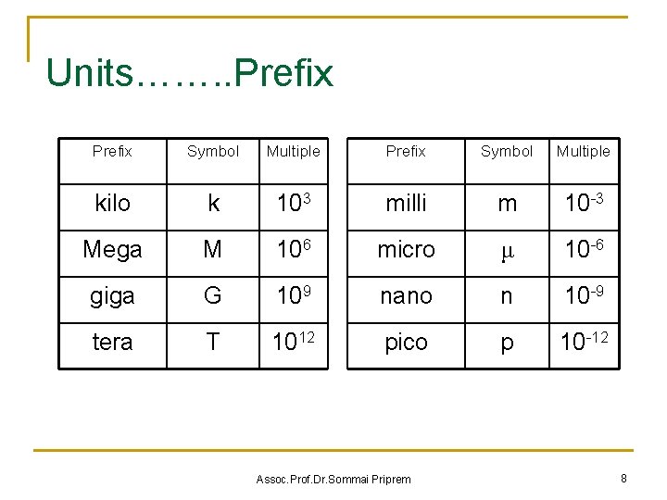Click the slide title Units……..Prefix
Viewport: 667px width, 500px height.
(x=189, y=73)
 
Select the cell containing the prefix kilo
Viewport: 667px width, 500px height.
(x=113, y=204)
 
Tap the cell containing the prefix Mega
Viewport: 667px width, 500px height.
(x=113, y=250)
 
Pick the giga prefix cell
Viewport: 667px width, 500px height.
(x=113, y=296)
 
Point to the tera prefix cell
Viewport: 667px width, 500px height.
(x=113, y=343)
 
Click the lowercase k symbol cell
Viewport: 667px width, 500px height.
(x=213, y=204)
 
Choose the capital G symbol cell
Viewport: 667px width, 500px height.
(x=213, y=296)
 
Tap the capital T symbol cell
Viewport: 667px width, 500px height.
(x=213, y=343)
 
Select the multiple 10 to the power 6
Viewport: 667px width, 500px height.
(x=293, y=249)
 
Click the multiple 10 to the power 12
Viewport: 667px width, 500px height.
(x=293, y=342)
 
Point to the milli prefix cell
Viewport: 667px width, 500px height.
(x=406, y=204)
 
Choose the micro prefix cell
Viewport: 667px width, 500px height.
(x=406, y=250)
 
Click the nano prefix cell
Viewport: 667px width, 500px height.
(x=406, y=296)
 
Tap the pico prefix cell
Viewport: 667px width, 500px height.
(x=406, y=343)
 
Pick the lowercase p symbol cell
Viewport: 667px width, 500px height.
(x=507, y=344)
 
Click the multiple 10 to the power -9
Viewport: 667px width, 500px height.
(x=584, y=295)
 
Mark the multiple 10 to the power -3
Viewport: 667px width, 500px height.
(x=584, y=203)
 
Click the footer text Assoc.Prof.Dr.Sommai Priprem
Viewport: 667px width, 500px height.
(x=333, y=479)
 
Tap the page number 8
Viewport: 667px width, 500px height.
(x=624, y=478)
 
